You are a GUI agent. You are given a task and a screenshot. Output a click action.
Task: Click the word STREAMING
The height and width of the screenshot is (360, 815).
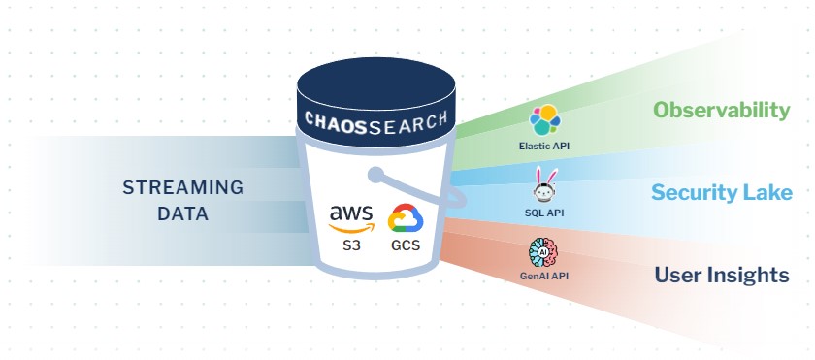[182, 187]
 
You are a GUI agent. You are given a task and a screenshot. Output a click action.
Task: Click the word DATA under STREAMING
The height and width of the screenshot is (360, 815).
[182, 213]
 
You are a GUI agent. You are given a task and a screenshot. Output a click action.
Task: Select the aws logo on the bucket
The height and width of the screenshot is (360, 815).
[350, 217]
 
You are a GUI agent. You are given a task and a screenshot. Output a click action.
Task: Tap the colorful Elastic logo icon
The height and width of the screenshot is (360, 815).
[544, 122]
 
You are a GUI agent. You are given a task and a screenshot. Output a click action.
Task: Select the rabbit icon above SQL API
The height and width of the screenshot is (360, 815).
[544, 183]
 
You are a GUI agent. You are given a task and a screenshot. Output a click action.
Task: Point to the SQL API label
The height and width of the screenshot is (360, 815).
[544, 212]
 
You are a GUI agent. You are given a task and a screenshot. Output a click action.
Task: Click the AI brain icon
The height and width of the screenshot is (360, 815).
[544, 252]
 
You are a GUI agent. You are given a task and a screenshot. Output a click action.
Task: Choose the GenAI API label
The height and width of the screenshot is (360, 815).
[544, 277]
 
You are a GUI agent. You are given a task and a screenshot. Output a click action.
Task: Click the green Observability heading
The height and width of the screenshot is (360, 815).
[721, 110]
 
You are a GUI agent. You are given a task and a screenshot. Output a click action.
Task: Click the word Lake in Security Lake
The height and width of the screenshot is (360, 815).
[770, 192]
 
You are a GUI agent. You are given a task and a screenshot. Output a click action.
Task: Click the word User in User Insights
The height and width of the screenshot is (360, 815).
[677, 276]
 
